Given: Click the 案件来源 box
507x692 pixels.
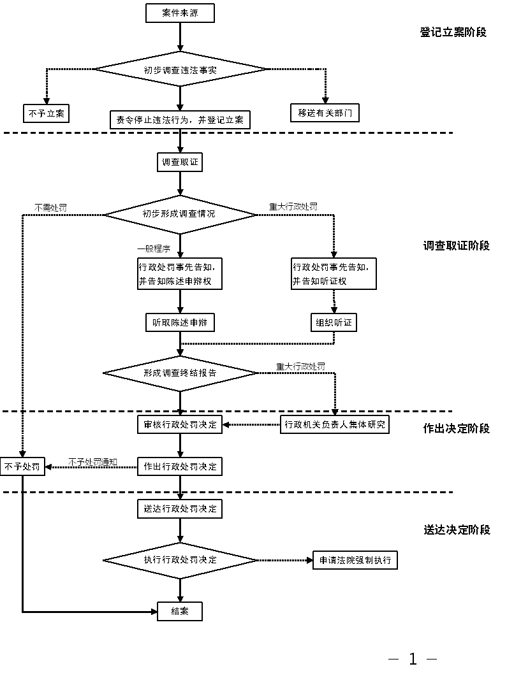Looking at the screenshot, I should (180, 13).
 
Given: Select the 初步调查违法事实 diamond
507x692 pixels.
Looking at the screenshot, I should (180, 69).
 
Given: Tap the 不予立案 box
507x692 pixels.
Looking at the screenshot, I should (46, 113).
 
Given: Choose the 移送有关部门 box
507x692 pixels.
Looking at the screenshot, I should (325, 113).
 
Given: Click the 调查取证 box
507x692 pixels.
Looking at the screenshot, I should (180, 162).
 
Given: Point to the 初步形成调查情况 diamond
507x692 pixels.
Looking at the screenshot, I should (180, 214).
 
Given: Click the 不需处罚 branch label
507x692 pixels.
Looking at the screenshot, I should (50, 208).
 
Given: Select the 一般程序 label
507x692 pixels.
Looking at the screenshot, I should (154, 249).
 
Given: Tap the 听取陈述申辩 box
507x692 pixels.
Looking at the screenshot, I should (180, 323).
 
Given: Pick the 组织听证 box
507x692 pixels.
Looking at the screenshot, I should (334, 323).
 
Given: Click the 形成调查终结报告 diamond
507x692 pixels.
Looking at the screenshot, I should (180, 373).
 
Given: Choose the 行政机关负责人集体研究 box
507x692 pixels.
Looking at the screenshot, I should (335, 424).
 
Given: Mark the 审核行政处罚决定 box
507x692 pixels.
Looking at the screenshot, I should (180, 424).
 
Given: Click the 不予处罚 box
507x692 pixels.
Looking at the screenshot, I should (22, 466).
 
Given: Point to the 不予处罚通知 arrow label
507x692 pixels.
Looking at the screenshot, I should (92, 461).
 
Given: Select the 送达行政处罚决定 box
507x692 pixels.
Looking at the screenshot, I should (180, 508).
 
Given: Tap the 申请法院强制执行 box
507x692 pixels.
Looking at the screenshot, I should (355, 561).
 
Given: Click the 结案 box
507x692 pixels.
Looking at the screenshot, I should (180, 612).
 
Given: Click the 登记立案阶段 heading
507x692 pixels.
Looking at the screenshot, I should (453, 32).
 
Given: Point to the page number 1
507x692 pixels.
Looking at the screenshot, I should (413, 660).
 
